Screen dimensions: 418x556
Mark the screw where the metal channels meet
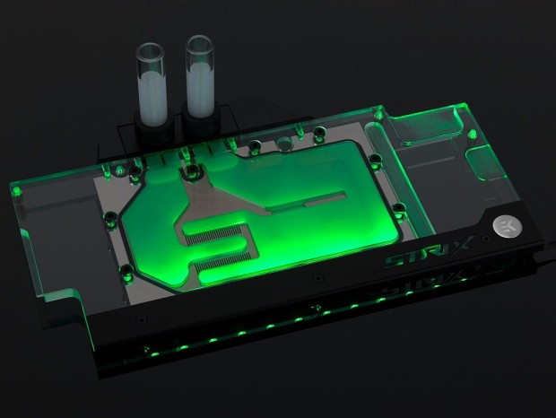[x=191, y=170]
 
